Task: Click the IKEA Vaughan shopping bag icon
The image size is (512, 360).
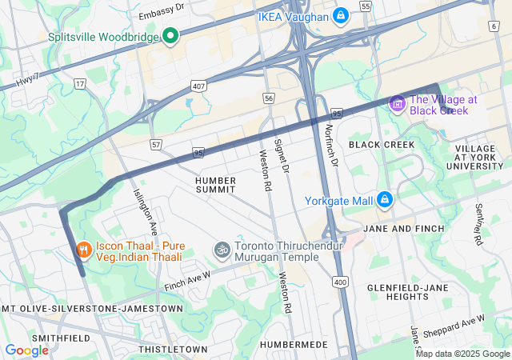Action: tap(340, 15)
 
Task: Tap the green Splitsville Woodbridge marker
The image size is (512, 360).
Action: tap(170, 36)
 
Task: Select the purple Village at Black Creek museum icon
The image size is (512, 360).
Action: tap(397, 104)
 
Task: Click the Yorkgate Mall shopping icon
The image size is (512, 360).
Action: tap(384, 199)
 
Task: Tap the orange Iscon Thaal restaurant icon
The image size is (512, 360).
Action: tap(83, 251)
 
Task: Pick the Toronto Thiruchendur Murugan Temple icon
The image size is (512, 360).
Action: tap(221, 251)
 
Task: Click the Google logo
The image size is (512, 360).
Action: tap(26, 350)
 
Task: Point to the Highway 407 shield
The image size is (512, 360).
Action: tap(198, 86)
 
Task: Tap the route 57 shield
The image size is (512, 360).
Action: tap(155, 144)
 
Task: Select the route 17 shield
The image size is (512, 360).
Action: tap(79, 82)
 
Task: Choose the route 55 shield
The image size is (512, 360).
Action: tap(366, 6)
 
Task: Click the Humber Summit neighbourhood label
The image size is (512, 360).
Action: tap(215, 185)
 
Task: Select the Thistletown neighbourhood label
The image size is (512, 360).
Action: tap(172, 350)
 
